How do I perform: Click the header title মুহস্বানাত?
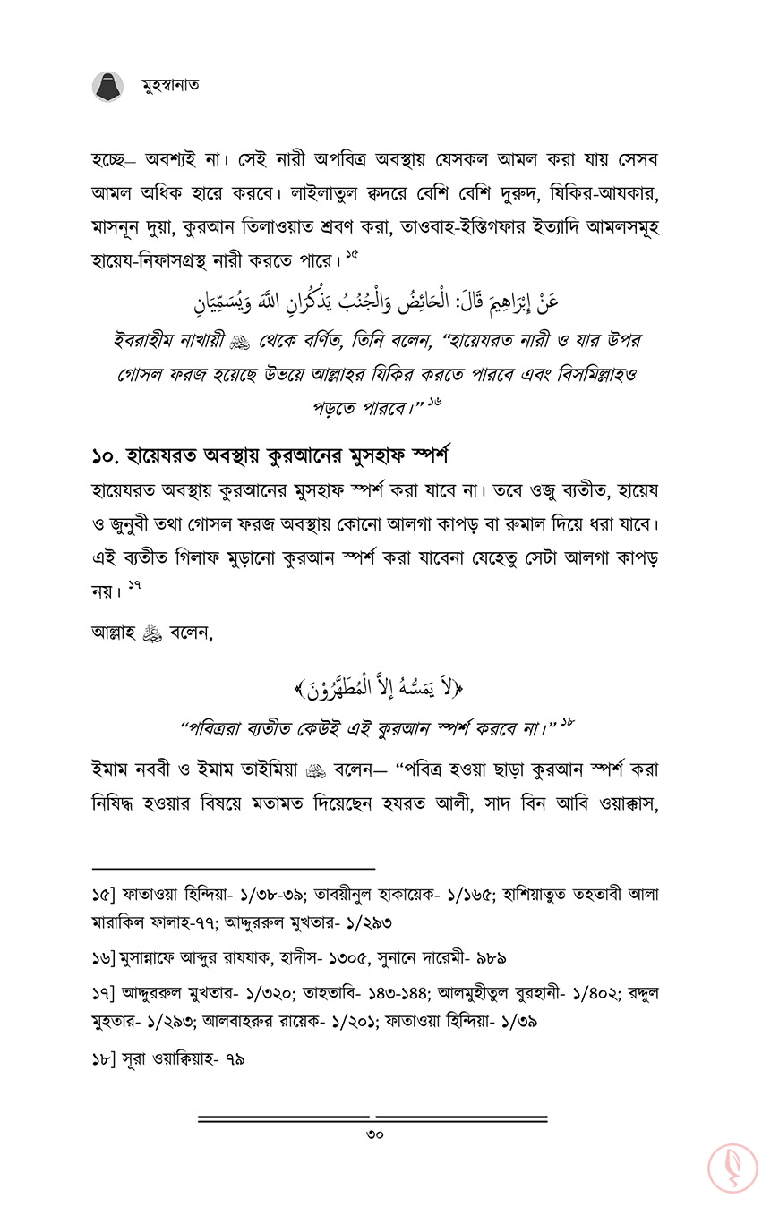click(170, 86)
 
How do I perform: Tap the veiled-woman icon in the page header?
click(108, 87)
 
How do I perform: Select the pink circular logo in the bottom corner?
click(732, 1168)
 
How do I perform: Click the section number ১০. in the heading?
click(109, 455)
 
